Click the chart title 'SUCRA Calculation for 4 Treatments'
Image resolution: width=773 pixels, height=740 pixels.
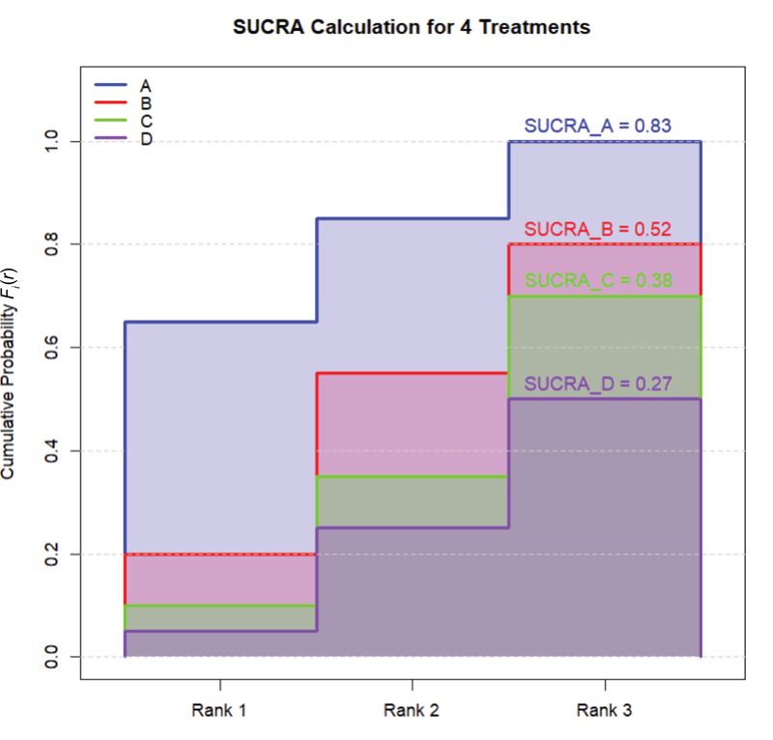[x=412, y=27]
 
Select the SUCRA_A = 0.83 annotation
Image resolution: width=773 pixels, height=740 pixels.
[x=597, y=126]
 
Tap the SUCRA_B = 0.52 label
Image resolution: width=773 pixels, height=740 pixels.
[x=597, y=230]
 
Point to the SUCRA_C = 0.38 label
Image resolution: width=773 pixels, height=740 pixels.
[x=597, y=281]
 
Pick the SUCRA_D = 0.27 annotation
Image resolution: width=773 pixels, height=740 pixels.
[x=597, y=384]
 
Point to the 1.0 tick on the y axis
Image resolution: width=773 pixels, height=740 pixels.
[x=52, y=141]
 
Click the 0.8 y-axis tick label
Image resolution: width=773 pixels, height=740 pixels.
[x=52, y=244]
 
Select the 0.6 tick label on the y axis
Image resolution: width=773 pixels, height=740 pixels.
[x=52, y=348]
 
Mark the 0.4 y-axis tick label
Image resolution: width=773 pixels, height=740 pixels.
[x=52, y=451]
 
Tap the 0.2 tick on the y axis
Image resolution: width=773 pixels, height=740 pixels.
[x=52, y=555]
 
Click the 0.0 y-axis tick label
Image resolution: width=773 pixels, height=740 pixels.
[x=52, y=657]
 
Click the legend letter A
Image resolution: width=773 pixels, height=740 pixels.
[x=146, y=85]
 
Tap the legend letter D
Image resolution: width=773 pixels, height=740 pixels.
[x=146, y=139]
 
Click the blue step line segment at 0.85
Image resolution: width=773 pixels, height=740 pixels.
[x=413, y=218]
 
